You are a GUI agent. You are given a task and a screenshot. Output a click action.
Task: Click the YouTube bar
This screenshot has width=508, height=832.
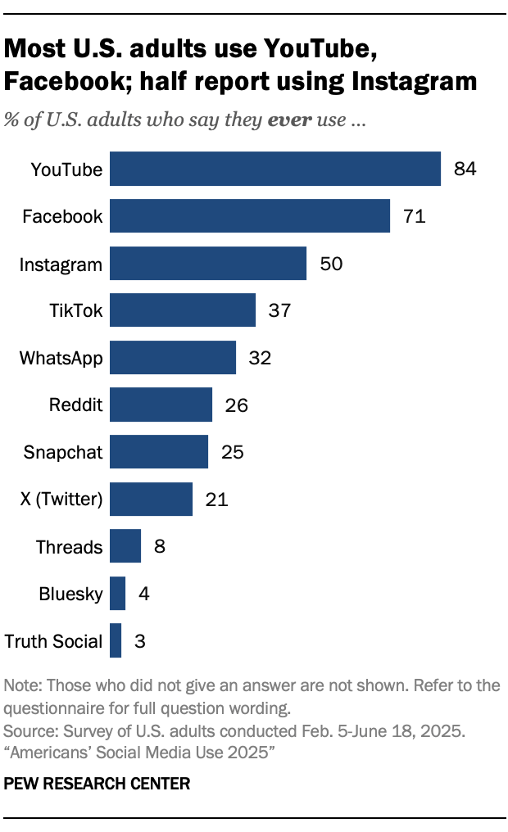click(x=275, y=170)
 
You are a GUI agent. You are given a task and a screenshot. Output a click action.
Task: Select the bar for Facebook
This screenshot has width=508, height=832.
click(x=250, y=216)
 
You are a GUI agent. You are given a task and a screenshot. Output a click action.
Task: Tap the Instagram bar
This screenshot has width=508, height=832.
click(x=208, y=264)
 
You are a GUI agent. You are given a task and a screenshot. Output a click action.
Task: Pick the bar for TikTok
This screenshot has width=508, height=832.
click(x=183, y=310)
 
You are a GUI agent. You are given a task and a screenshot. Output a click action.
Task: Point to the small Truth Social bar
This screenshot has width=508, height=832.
click(x=116, y=640)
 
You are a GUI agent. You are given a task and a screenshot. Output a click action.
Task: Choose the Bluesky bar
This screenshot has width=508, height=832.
click(x=117, y=594)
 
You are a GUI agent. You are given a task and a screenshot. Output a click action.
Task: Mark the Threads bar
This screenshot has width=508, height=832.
click(x=125, y=546)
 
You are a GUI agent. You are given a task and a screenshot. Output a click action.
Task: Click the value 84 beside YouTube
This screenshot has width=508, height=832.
click(x=465, y=170)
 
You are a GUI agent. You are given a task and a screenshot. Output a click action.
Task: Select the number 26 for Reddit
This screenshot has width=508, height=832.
click(x=236, y=405)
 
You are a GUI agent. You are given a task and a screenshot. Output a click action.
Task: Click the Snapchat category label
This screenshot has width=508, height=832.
click(x=63, y=452)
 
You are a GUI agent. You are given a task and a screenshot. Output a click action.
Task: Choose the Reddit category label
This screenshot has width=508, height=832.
click(x=76, y=405)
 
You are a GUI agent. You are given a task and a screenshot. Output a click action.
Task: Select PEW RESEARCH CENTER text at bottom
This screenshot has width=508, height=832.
click(x=98, y=784)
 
